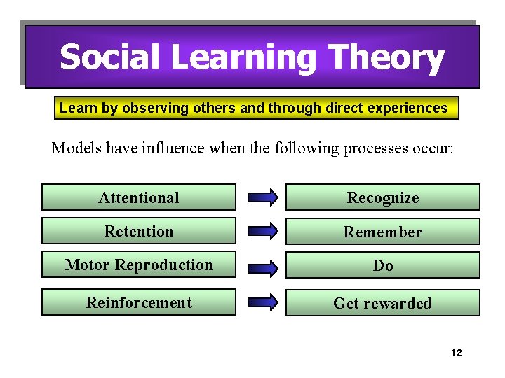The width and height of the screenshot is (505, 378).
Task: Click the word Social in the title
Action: [111, 57]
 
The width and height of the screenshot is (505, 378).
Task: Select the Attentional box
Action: [139, 197]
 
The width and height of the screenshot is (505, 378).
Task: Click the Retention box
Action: [139, 231]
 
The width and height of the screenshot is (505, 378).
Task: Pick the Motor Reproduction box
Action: [139, 265]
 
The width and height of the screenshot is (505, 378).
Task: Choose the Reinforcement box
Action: [139, 303]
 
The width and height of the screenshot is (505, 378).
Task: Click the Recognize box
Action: [382, 197]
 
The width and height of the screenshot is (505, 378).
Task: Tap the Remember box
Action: [382, 232]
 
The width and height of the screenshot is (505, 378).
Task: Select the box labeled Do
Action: [382, 266]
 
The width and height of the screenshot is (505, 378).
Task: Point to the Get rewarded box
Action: [382, 303]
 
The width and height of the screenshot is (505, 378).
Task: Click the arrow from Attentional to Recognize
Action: [262, 198]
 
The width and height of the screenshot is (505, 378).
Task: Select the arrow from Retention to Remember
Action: [262, 232]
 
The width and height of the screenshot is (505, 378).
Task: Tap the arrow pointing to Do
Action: [262, 266]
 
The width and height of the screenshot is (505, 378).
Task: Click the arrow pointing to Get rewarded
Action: [262, 303]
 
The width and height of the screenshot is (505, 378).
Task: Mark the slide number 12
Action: [456, 353]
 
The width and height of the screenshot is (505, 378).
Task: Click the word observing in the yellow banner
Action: [149, 108]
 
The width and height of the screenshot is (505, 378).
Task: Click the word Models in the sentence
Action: [74, 148]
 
